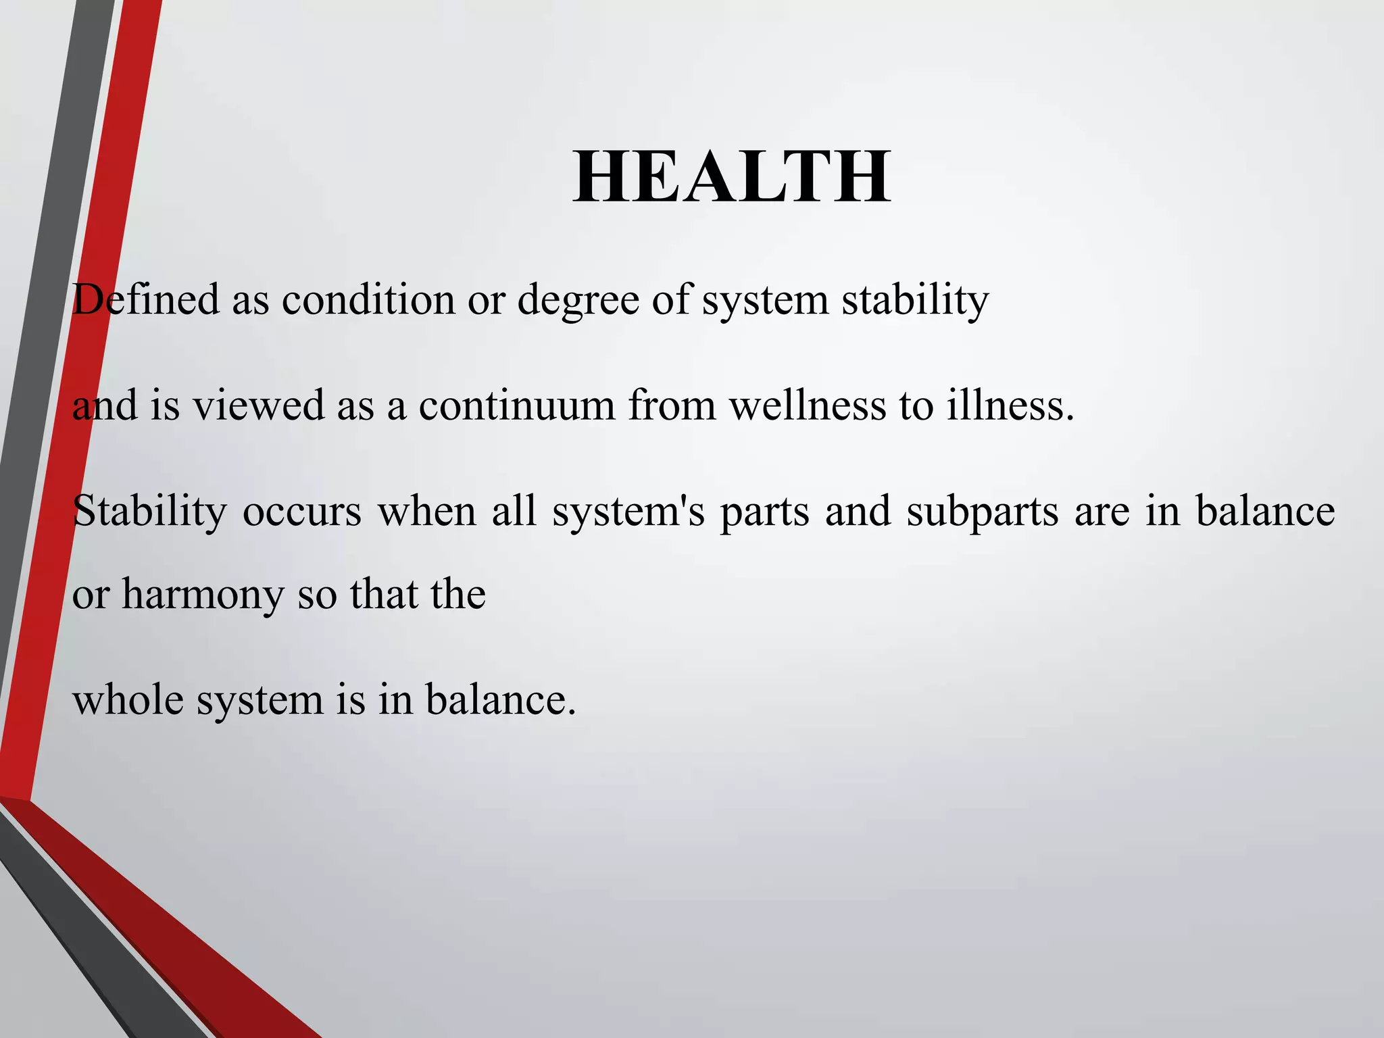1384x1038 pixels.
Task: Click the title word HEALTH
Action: pos(732,178)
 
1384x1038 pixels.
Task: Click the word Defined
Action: pos(146,299)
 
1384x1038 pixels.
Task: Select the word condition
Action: pos(368,299)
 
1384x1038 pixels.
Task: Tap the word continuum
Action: pos(517,405)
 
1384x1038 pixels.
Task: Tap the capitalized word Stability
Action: pos(149,512)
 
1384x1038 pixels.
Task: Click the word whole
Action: pos(128,699)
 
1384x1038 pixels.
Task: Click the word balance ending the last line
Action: pos(500,699)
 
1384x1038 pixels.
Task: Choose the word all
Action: pos(514,511)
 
